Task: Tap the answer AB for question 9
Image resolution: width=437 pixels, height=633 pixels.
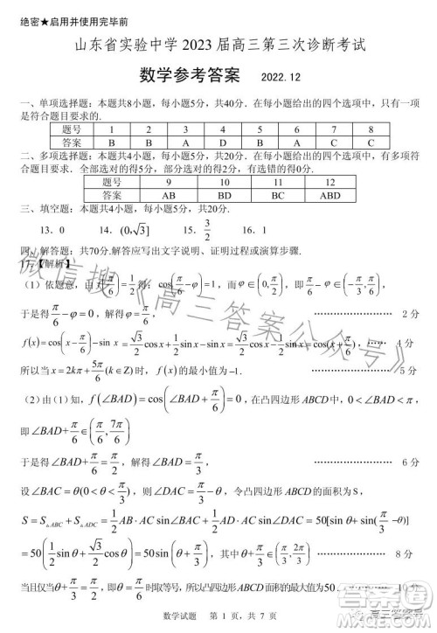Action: pos(170,195)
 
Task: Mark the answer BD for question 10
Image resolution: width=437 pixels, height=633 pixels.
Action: pos(224,195)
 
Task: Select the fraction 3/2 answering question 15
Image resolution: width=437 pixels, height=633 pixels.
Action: pos(208,229)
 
